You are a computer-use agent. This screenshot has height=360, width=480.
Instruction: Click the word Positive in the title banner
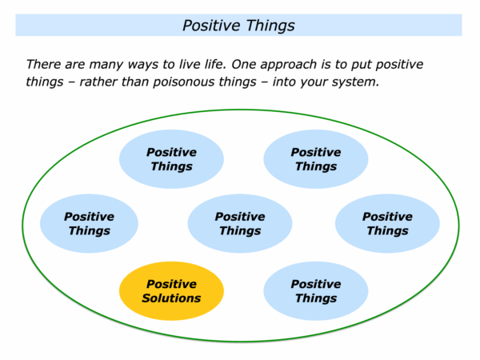pos(210,26)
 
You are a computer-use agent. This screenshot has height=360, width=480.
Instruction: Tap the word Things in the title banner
pos(268,26)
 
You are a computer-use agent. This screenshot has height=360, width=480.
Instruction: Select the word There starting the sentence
pos(45,64)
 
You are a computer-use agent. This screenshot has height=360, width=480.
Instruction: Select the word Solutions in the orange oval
pos(171,298)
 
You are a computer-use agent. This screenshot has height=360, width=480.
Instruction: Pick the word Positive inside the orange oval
pos(171,284)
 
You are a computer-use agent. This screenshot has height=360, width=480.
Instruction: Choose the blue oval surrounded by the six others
pos(239,223)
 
